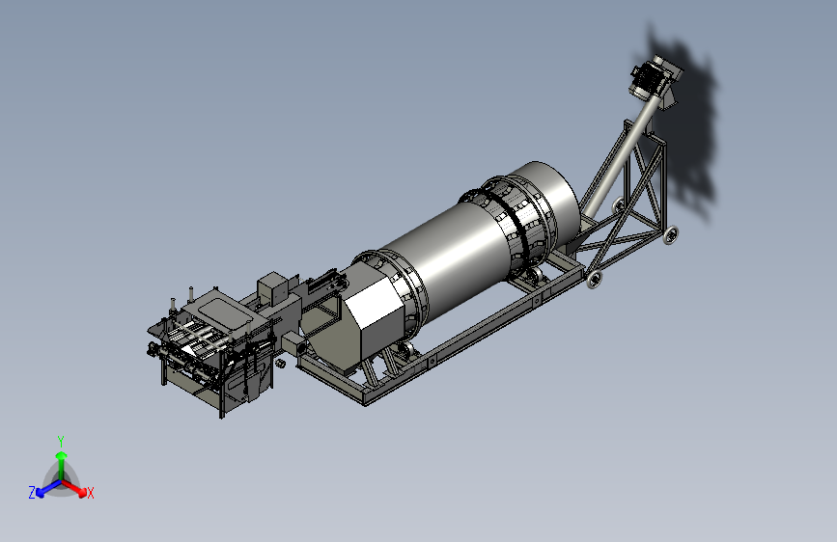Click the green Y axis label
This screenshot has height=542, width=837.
click(61, 441)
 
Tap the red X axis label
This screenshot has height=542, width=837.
click(90, 493)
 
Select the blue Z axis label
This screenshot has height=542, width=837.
click(32, 493)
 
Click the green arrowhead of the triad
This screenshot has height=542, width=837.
click(62, 455)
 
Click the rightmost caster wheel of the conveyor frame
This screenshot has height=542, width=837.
click(670, 234)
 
